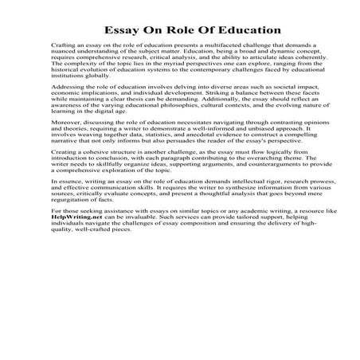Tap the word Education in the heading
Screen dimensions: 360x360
[248, 31]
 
